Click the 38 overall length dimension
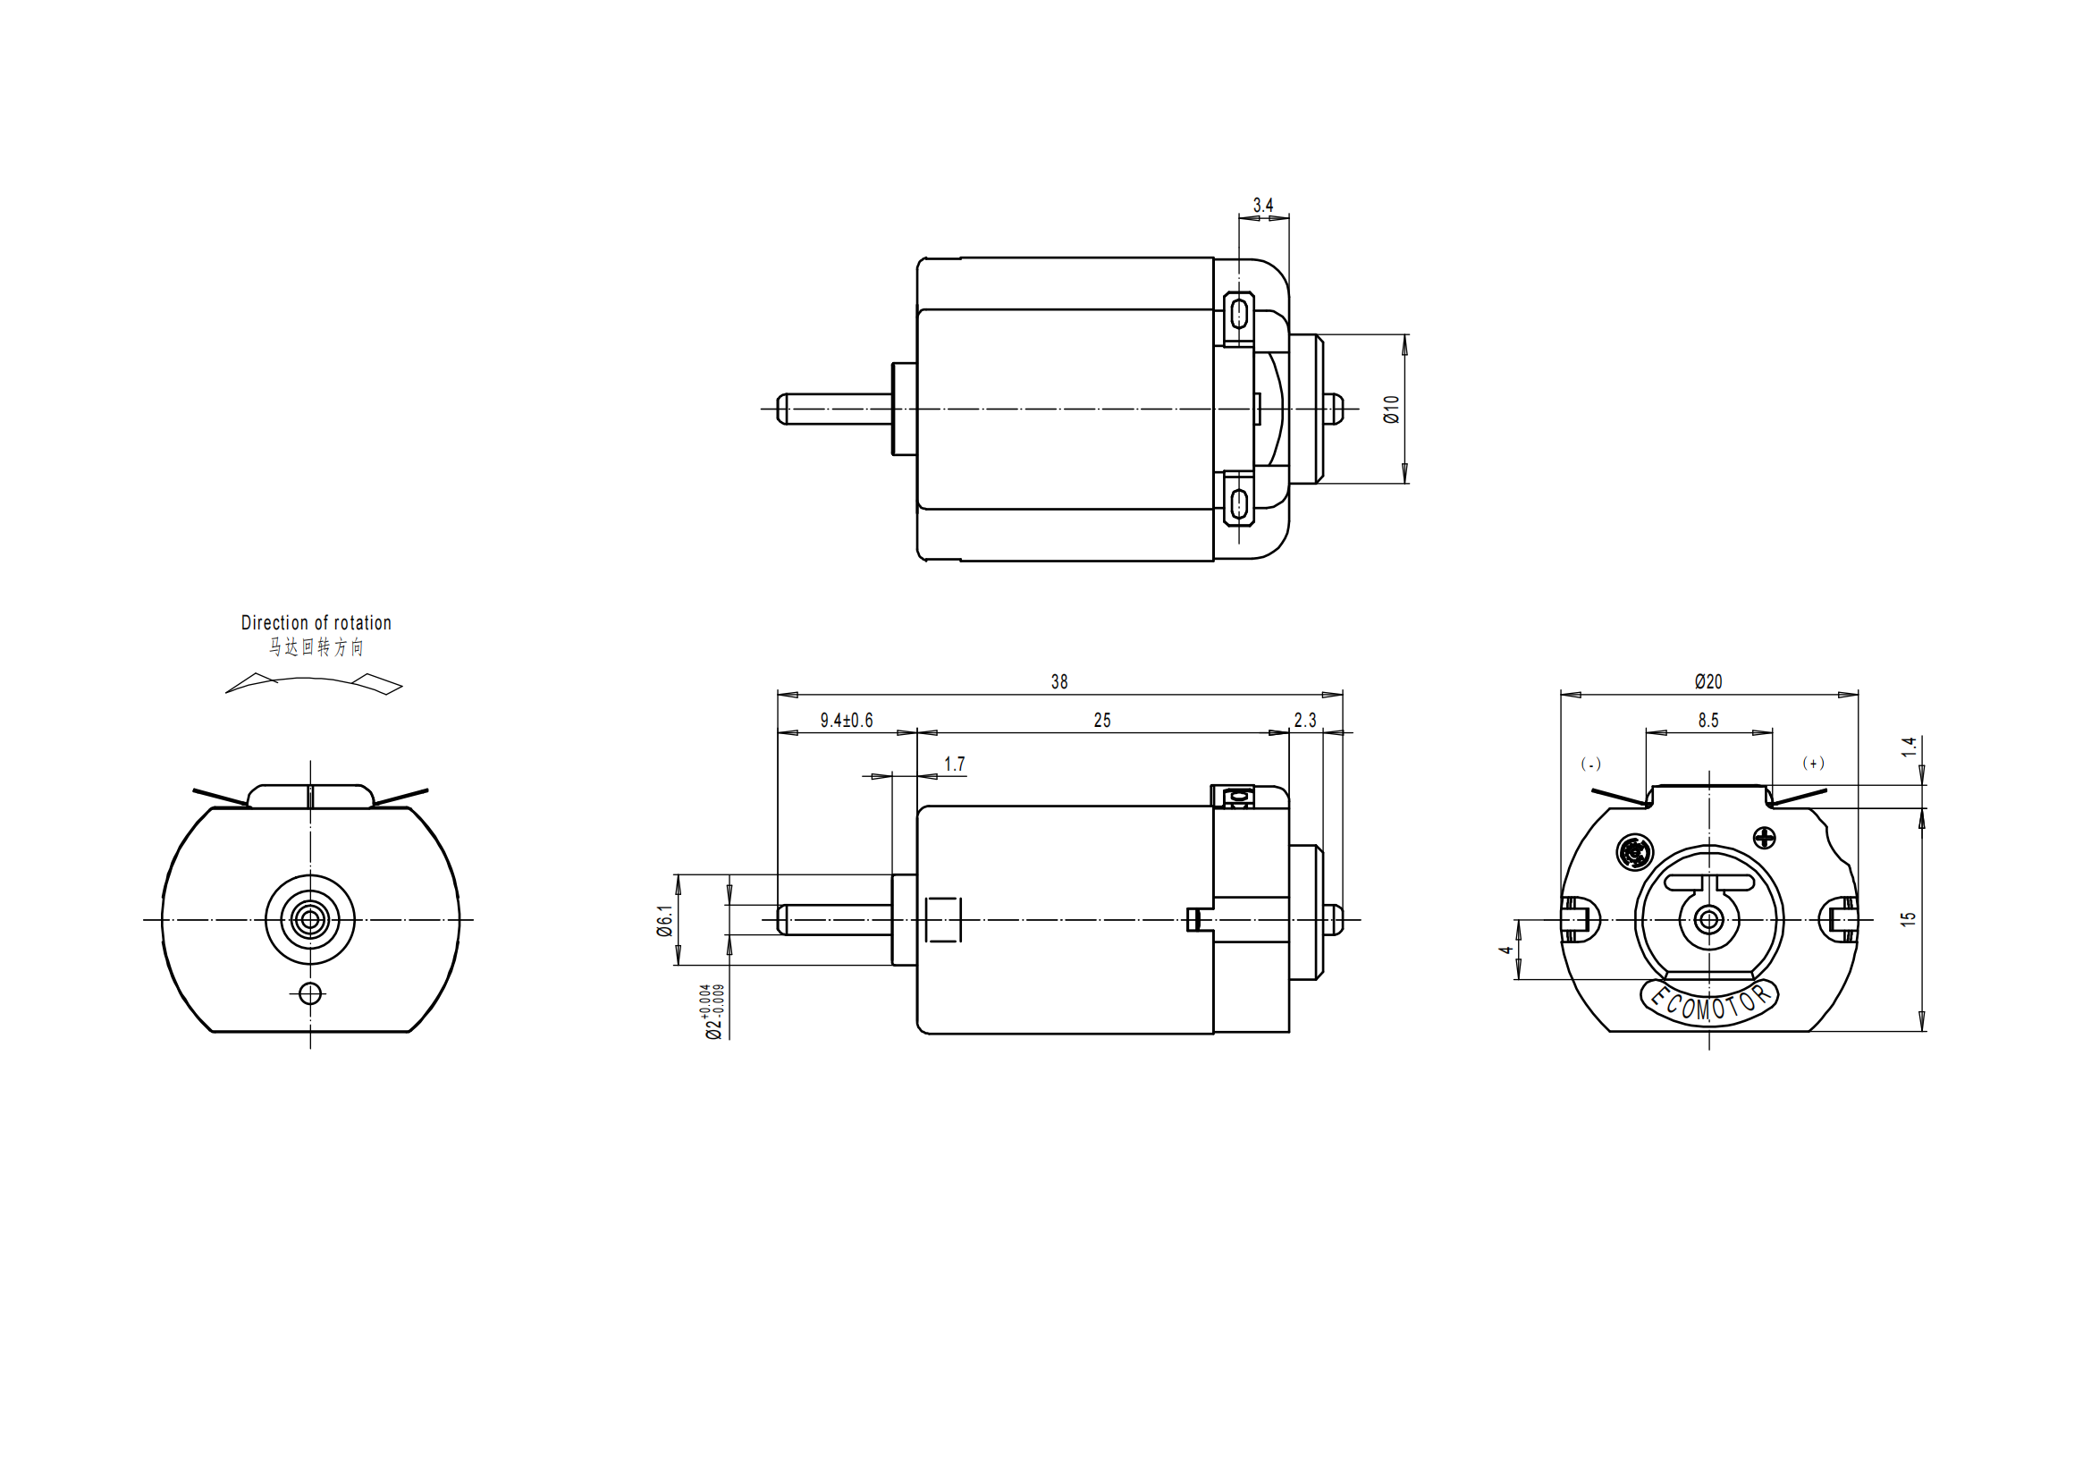coord(1058,682)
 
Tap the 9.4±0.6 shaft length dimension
coord(846,721)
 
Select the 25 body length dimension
coord(1102,721)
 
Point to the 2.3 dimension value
coord(1305,721)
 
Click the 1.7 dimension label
coord(954,764)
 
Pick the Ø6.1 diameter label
coord(666,920)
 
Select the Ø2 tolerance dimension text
coord(713,1011)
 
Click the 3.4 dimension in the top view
coord(1262,205)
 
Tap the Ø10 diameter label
coord(1391,409)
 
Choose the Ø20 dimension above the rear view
coord(1708,681)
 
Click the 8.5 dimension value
coord(1708,721)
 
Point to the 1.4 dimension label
coord(1909,747)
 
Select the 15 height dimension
coord(1908,919)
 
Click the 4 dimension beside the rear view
coord(1506,950)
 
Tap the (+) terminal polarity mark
coord(1813,763)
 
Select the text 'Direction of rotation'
coord(316,623)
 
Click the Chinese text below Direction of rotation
coord(316,646)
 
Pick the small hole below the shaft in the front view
coord(310,992)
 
